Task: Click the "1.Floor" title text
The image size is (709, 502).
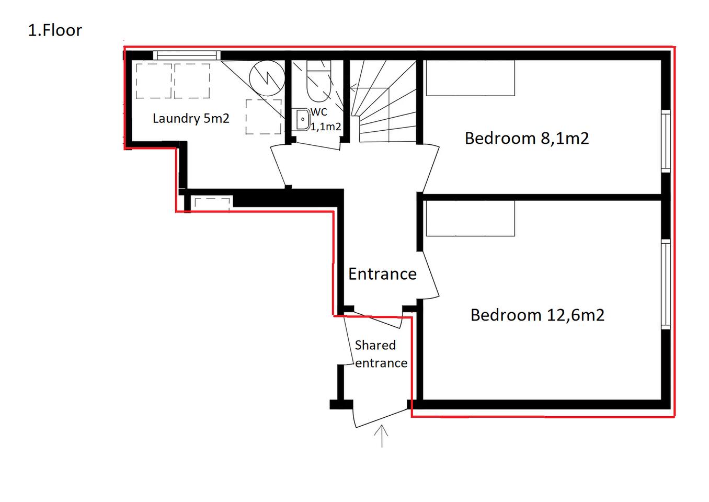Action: tap(55, 30)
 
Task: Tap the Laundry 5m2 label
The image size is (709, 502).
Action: tap(191, 119)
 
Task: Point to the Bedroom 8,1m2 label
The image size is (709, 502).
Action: tap(527, 139)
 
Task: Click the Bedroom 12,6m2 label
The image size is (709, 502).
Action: tap(538, 315)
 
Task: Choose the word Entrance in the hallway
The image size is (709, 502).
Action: tap(382, 274)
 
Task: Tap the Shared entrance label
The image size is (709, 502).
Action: tap(381, 354)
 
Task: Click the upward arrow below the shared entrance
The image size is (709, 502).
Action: tap(382, 436)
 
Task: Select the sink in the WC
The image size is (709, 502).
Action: tap(303, 119)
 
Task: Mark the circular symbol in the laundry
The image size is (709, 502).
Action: tap(267, 78)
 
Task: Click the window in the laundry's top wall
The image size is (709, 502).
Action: tap(187, 55)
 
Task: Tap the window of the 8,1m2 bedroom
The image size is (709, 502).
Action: tap(666, 141)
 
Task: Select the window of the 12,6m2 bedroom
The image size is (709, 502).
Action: tap(666, 284)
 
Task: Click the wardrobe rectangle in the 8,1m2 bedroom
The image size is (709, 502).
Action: tap(471, 78)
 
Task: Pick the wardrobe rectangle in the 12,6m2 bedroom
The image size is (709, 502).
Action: tap(471, 219)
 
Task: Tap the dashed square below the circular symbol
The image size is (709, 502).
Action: tap(264, 117)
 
